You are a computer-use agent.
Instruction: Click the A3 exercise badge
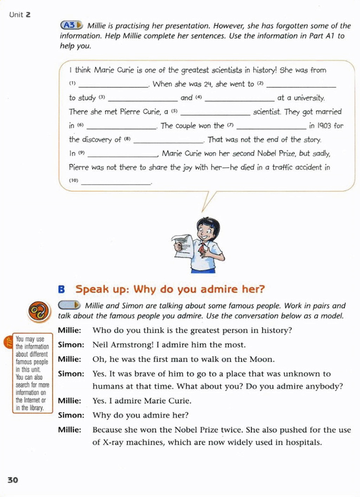tap(71, 25)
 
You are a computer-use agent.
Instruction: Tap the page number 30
tap(13, 480)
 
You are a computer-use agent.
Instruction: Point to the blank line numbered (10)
tap(116, 182)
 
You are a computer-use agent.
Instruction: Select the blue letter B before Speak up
tap(62, 289)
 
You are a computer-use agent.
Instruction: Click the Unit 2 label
tap(20, 15)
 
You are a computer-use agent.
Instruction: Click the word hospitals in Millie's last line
tap(303, 443)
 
